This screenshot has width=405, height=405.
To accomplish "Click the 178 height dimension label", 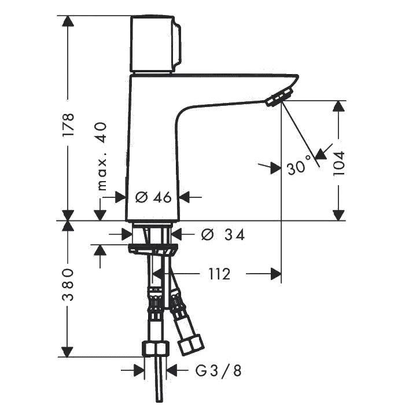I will point(69,125).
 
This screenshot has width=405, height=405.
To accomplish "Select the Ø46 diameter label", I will point(153,198).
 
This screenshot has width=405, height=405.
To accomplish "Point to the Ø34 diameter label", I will point(215,235).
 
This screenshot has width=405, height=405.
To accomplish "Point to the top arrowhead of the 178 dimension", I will point(69,22).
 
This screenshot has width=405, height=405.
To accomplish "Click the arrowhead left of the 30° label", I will point(274,167).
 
